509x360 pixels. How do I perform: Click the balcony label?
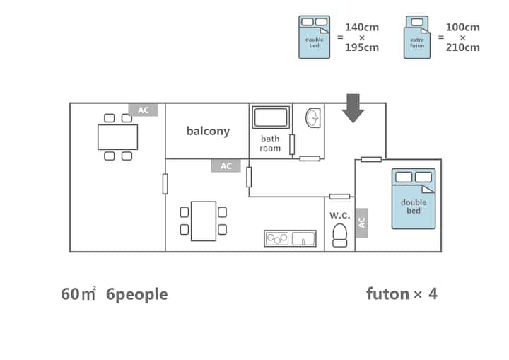coord(208,132)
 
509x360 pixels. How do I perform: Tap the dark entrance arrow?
coord(353,108)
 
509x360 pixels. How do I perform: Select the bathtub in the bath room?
coord(270,117)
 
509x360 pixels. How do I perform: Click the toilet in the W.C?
coord(340,235)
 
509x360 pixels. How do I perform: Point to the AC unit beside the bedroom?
coord(361,222)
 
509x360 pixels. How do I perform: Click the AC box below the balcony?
coord(226,166)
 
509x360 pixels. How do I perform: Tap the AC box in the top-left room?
coord(143,110)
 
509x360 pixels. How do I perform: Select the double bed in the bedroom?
coord(414,199)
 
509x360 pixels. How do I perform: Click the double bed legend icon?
coord(314,37)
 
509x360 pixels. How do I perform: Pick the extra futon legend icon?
coord(417,37)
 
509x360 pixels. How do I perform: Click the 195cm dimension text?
coord(362,48)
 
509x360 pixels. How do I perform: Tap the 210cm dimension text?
coord(463,48)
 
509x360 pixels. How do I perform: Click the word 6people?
coord(136,294)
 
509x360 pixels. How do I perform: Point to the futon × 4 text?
coord(402,294)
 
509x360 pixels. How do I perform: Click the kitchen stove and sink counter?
coord(290,238)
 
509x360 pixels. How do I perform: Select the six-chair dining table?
coord(204,221)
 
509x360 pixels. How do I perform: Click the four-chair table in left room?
coord(117,137)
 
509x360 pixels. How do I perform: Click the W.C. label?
coord(340,215)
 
